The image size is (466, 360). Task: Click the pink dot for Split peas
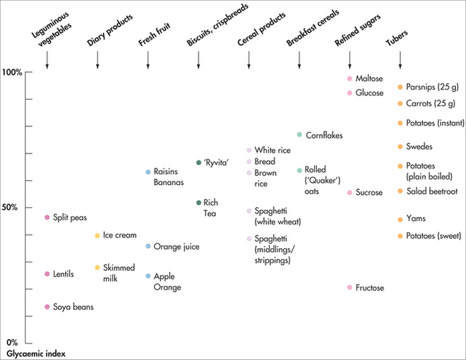(x=47, y=217)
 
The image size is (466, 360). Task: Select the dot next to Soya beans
(x=47, y=307)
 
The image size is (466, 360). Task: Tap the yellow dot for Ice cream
(x=98, y=235)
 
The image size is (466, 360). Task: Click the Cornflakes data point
(x=300, y=135)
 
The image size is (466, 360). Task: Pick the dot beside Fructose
(x=349, y=288)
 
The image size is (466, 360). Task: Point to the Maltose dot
(x=349, y=78)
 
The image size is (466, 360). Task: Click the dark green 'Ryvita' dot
(x=199, y=163)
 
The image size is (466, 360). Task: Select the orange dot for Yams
(x=400, y=219)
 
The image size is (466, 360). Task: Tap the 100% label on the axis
(x=12, y=72)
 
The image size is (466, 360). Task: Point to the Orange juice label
(x=176, y=247)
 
